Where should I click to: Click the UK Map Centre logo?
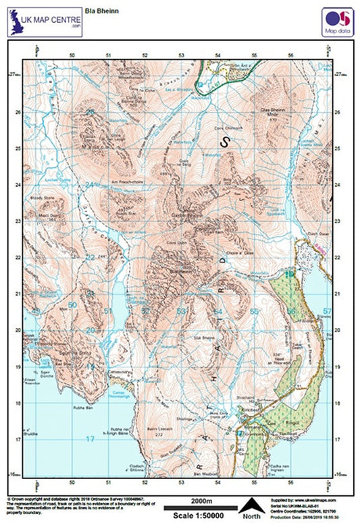click(x=44, y=24)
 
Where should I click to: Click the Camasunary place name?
click(x=119, y=370)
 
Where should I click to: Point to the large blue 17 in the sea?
click(x=90, y=439)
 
